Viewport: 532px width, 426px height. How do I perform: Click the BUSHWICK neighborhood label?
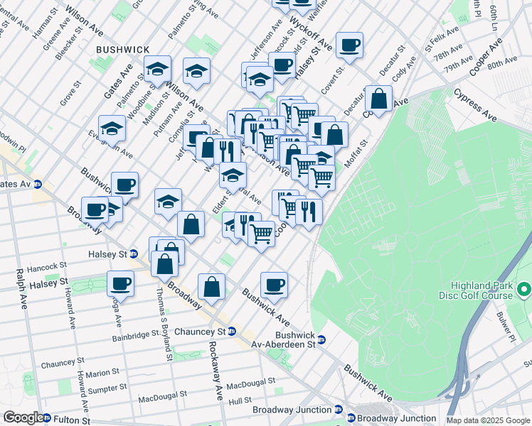pyautogui.click(x=123, y=49)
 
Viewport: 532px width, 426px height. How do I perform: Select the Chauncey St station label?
pyautogui.click(x=211, y=332)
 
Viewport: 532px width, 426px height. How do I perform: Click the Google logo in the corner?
pyautogui.click(x=23, y=417)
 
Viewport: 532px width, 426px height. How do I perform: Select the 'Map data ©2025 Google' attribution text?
pyautogui.click(x=488, y=420)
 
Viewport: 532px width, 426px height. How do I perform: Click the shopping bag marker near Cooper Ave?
pyautogui.click(x=379, y=99)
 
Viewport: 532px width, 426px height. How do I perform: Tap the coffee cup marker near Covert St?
pyautogui.click(x=349, y=45)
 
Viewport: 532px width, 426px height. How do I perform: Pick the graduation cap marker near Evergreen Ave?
pyautogui.click(x=112, y=129)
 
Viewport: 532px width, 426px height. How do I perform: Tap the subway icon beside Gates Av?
pyautogui.click(x=37, y=184)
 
